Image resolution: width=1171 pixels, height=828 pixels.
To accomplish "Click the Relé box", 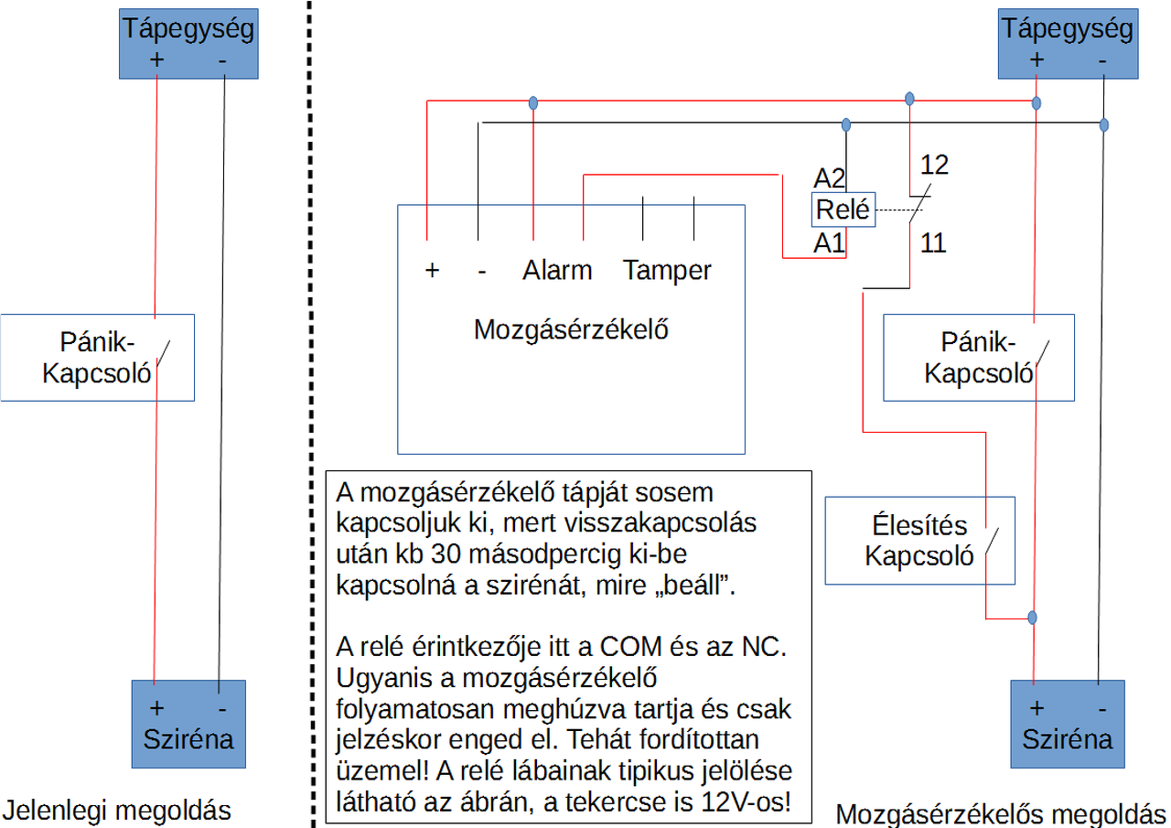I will pyautogui.click(x=843, y=210).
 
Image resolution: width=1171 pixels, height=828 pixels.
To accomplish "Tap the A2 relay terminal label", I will pyautogui.click(x=829, y=177).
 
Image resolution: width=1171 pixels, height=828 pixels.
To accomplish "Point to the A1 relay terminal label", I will pyautogui.click(x=829, y=243).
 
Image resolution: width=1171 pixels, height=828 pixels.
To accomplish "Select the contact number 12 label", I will pyautogui.click(x=933, y=165).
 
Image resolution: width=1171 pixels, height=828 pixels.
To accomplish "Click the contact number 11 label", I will pyautogui.click(x=933, y=243).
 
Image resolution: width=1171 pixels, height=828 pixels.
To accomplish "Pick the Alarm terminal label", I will pyautogui.click(x=557, y=271).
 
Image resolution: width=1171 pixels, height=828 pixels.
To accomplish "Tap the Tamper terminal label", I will pyautogui.click(x=667, y=271).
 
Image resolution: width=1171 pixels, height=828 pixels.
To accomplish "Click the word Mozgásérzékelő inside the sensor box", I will pyautogui.click(x=571, y=329).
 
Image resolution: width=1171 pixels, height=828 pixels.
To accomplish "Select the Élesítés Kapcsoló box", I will pyautogui.click(x=919, y=540).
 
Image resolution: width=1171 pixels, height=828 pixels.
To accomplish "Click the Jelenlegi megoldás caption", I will pyautogui.click(x=116, y=810).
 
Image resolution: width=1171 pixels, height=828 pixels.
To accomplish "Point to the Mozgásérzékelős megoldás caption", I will pyautogui.click(x=1001, y=813).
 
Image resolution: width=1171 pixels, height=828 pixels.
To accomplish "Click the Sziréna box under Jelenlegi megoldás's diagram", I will pyautogui.click(x=188, y=723).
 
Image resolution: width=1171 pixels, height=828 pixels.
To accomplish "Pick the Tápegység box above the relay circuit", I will pyautogui.click(x=1068, y=44).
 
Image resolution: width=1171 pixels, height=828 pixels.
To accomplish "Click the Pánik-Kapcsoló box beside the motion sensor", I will pyautogui.click(x=978, y=357).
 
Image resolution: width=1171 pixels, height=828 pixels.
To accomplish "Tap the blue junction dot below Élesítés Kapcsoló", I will pyautogui.click(x=1033, y=618).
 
